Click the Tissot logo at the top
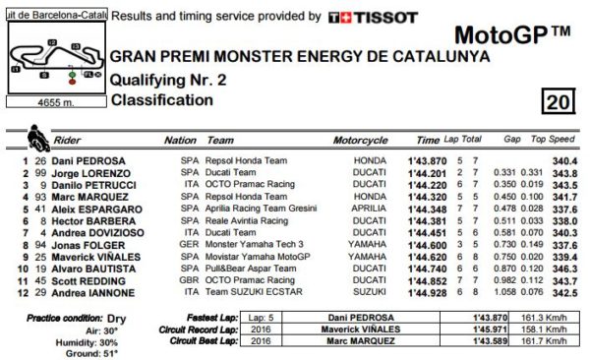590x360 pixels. pos(373,18)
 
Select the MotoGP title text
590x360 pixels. pos(511,36)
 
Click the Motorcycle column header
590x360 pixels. pos(362,140)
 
